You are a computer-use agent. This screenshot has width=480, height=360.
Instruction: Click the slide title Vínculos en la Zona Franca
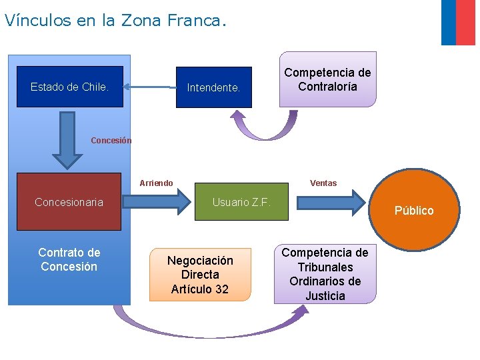115,20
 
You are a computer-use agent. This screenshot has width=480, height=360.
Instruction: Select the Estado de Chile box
70,87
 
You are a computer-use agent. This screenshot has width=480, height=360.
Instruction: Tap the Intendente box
213,87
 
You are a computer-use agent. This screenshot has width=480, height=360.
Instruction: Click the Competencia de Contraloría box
327,80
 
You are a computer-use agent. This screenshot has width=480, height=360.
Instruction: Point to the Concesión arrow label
111,141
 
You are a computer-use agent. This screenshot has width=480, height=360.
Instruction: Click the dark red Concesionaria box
69,202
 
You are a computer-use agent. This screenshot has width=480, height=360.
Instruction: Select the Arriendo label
156,183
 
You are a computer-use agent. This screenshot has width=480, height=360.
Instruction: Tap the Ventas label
323,183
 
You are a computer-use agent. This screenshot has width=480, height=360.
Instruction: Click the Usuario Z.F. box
241,202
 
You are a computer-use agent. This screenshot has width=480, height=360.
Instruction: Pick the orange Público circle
414,210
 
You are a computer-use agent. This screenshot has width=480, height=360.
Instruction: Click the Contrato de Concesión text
69,259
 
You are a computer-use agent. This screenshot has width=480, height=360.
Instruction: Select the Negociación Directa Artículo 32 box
200,274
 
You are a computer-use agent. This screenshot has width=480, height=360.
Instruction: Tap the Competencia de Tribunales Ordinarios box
325,274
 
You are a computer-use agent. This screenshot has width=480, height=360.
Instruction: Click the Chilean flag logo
458,22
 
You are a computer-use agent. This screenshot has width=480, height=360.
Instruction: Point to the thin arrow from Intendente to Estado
150,86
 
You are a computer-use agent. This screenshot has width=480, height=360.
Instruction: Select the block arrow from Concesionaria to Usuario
157,201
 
